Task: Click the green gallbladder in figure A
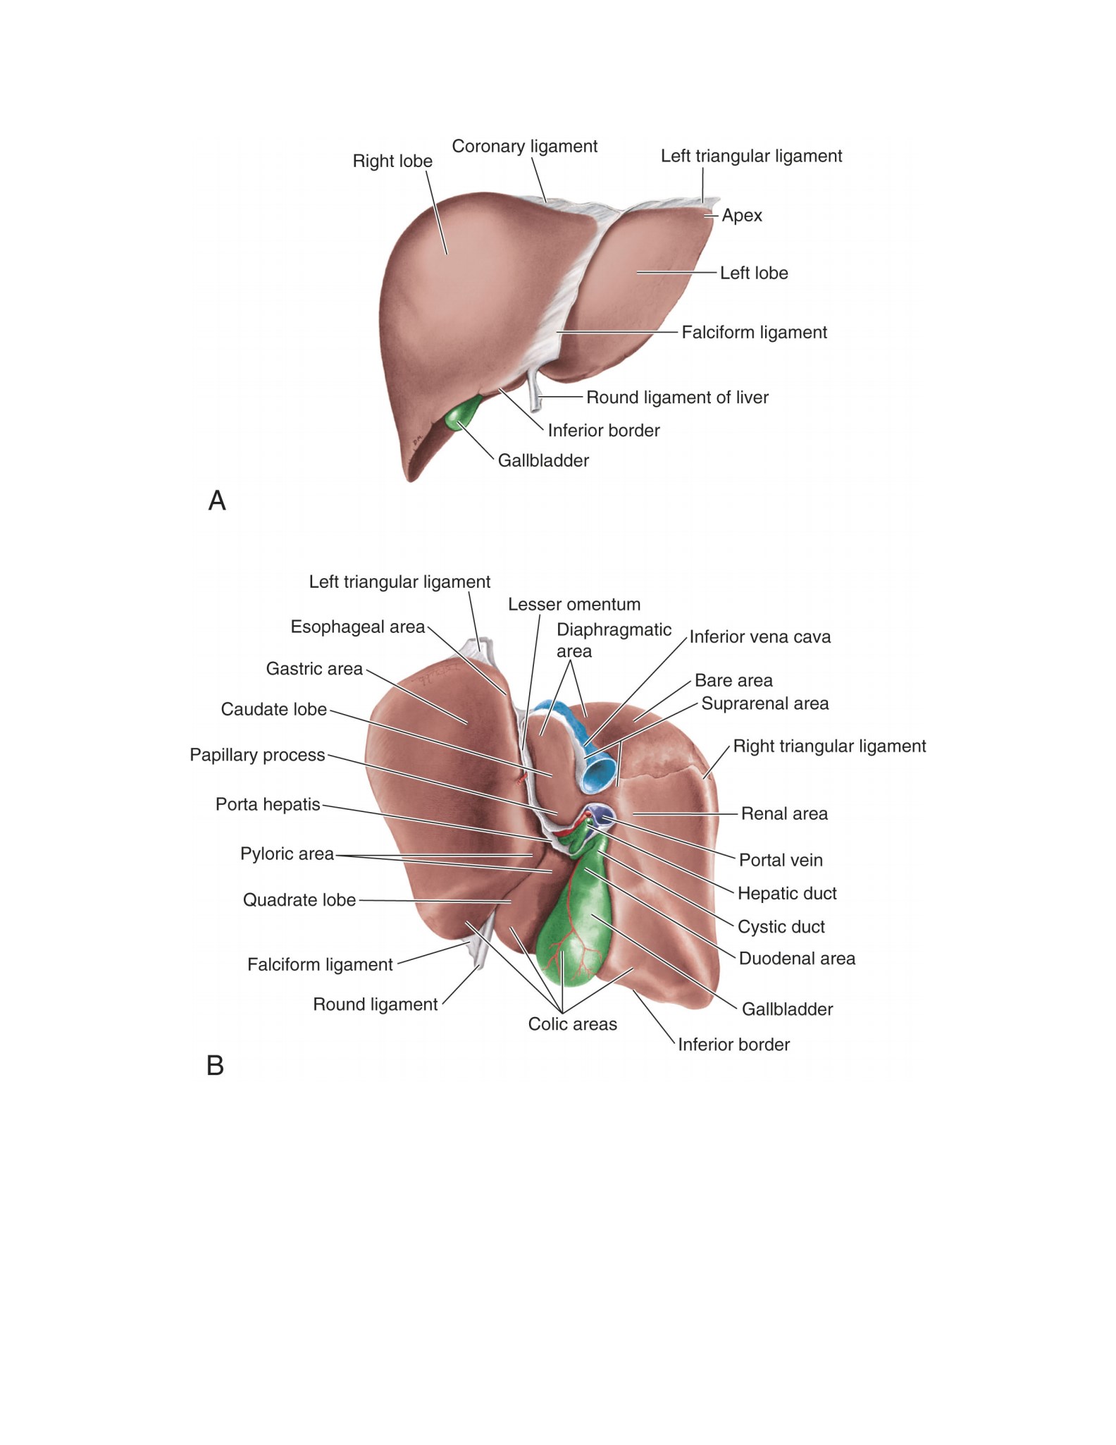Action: pos(461,414)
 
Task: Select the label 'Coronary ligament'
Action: pos(525,147)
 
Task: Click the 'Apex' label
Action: pos(742,216)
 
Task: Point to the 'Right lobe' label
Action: pos(392,161)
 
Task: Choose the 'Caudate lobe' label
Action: pos(274,709)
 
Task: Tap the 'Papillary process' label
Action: pos(257,755)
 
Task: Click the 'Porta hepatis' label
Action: pos(268,804)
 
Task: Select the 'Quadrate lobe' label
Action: pos(299,900)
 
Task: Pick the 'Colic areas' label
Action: pos(573,1024)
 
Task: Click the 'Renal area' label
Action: pos(784,814)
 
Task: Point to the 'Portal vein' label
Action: pos(781,861)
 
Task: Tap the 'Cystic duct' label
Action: pos(781,927)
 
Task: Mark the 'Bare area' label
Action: pos(733,681)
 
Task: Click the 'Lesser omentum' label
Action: pos(574,605)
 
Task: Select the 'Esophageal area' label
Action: pos(358,627)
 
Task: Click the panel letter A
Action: pos(217,500)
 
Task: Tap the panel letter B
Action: pos(215,1065)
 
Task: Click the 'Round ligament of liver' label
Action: pos(677,398)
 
